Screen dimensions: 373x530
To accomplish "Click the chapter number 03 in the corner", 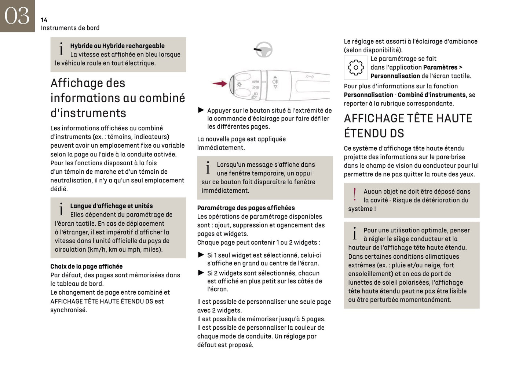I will coord(17,16).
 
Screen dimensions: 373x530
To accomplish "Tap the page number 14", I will coord(44,20).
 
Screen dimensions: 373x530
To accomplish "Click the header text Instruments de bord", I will coord(70,28).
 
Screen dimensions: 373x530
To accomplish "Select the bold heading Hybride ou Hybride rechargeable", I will coord(117,46).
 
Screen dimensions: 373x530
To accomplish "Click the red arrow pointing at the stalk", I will coord(220,84).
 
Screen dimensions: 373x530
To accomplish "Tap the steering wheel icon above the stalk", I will coord(264,49).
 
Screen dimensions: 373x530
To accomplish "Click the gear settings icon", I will coord(355,67).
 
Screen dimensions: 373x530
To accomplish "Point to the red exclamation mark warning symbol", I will coord(354,195).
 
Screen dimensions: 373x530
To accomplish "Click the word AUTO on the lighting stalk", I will coord(255,81).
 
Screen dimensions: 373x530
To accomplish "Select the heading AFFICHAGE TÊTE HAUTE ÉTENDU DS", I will coord(408,126).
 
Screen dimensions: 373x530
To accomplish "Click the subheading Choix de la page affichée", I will coord(87,266).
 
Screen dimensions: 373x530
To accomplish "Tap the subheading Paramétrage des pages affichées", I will coord(246,208).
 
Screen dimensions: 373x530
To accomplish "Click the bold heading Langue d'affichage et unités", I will coord(112,206).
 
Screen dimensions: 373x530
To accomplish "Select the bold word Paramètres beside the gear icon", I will coord(440,67).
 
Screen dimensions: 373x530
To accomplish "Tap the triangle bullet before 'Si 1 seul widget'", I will coord(201,255).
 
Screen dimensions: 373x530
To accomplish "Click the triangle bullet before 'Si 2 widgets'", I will coord(201,273).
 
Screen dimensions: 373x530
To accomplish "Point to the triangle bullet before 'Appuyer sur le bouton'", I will coord(201,110).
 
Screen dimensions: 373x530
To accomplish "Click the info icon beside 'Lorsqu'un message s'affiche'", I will coord(208,168).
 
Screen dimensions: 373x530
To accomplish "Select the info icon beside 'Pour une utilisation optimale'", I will coord(355,233).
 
